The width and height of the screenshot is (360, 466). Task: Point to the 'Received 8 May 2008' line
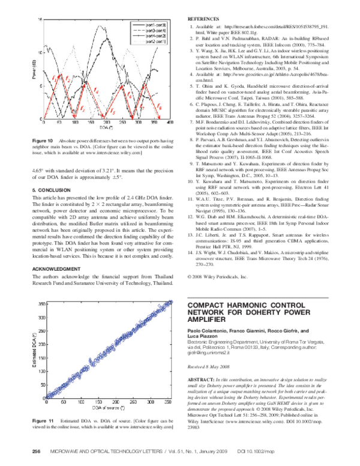(x=209, y=366)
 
